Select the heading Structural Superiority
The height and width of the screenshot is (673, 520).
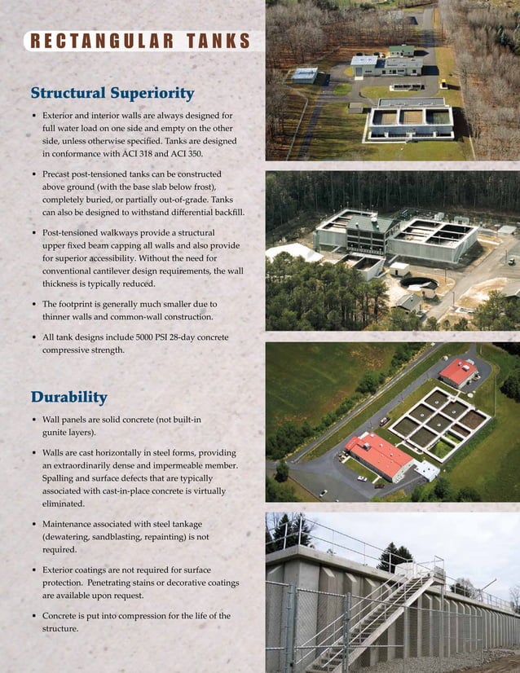click(x=112, y=93)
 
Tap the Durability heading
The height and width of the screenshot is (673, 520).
click(x=68, y=398)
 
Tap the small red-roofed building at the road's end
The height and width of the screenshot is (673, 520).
click(x=458, y=372)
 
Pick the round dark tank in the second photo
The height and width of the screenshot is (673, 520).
click(x=418, y=284)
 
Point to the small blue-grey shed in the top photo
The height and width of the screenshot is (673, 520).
click(x=304, y=75)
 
